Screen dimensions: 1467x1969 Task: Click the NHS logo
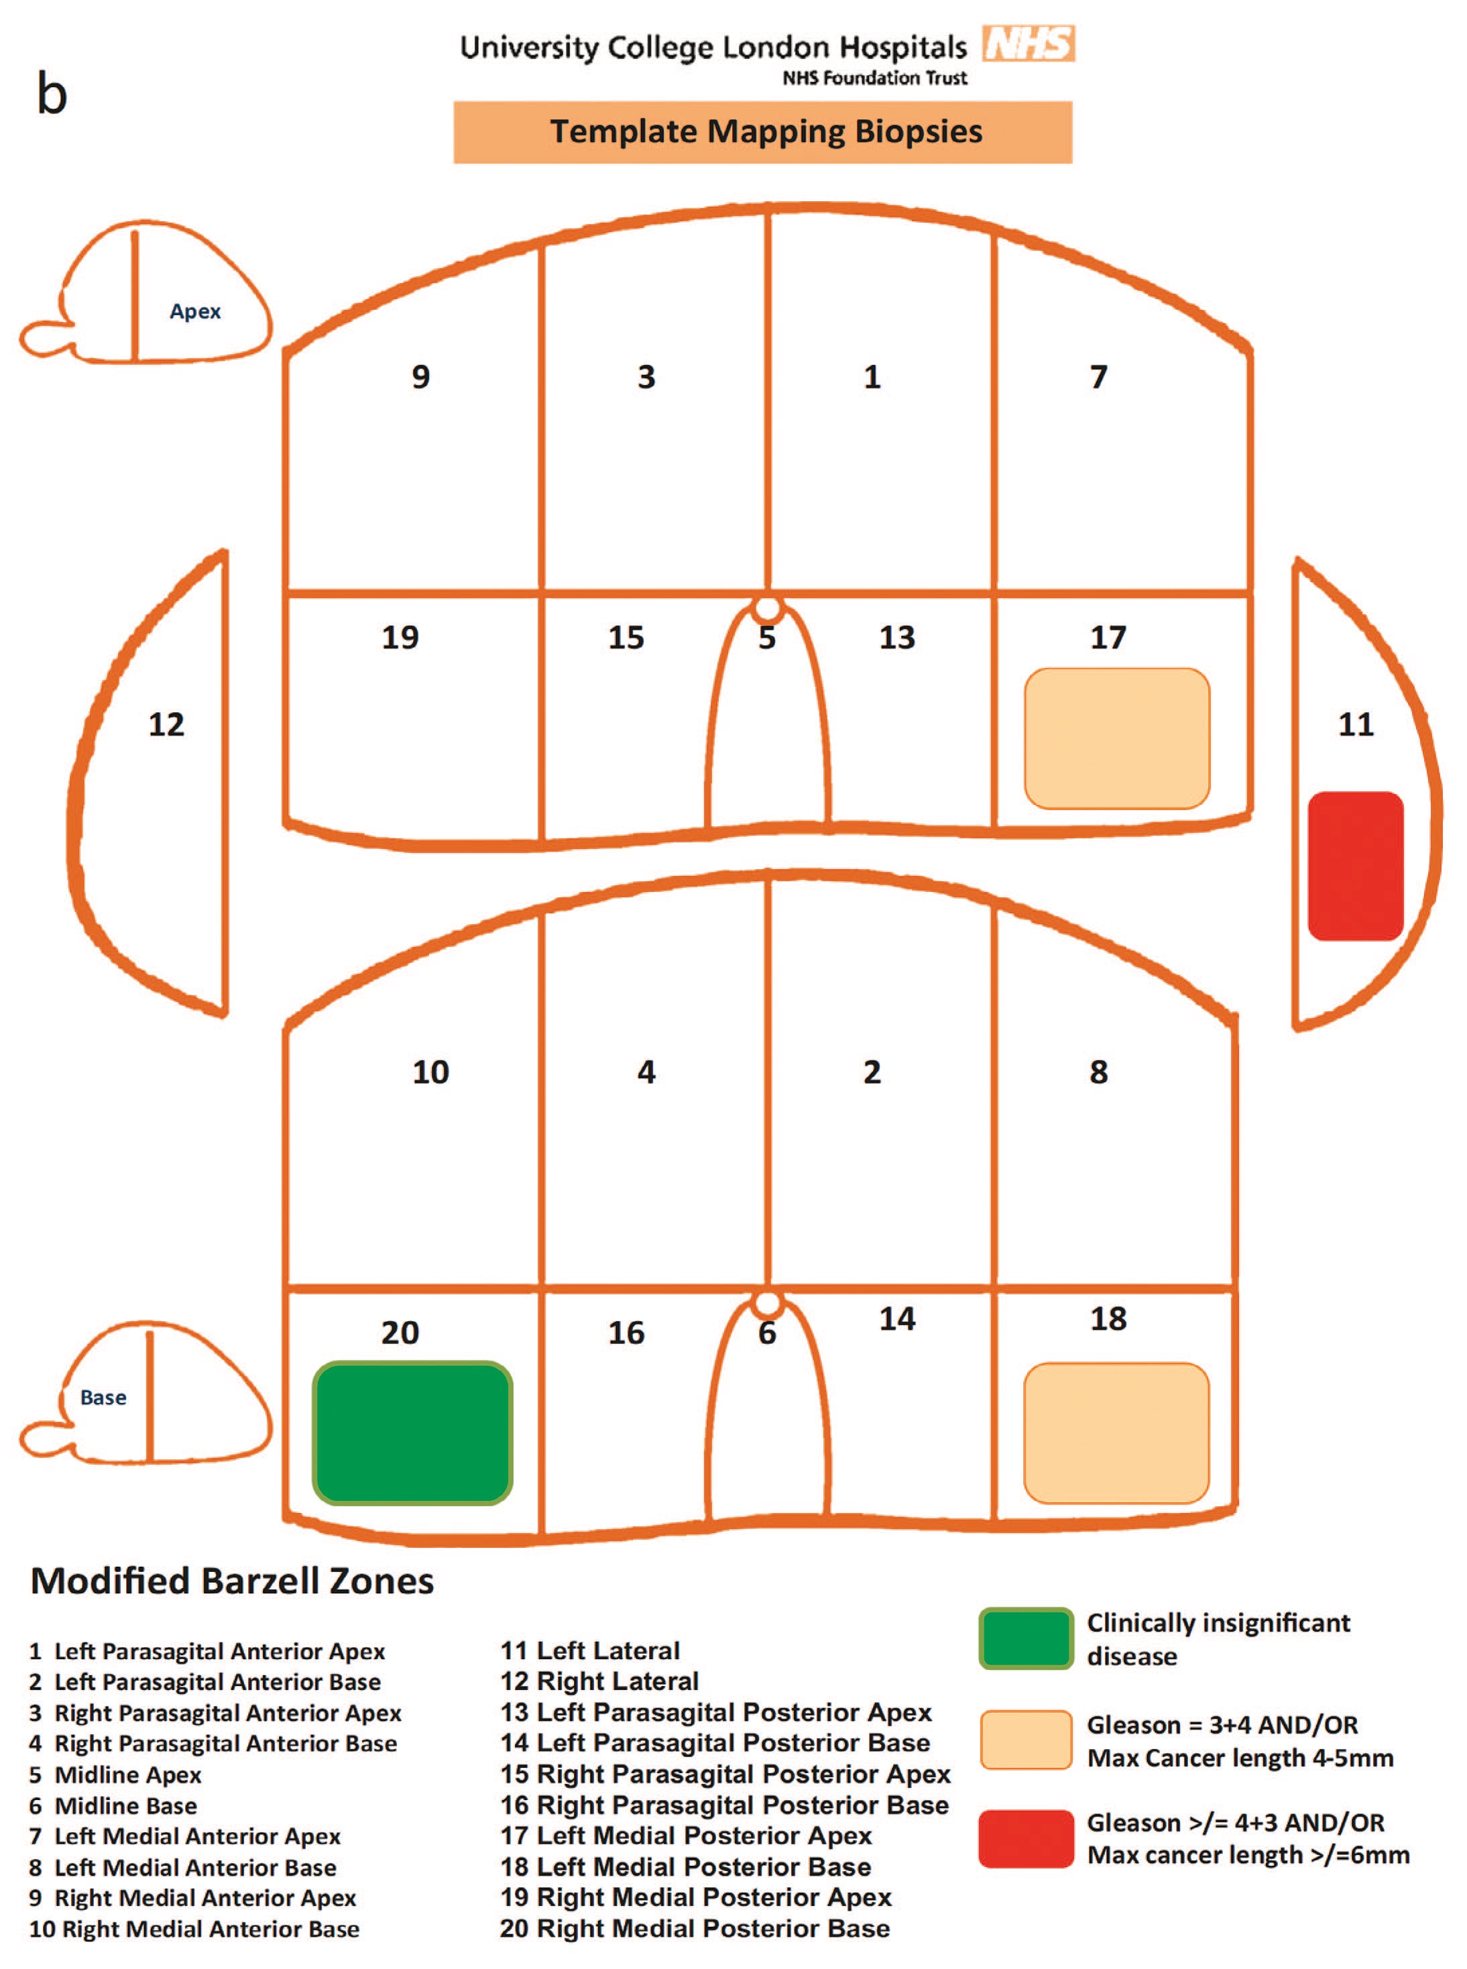click(x=1029, y=43)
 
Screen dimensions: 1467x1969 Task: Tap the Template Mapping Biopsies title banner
click(x=763, y=132)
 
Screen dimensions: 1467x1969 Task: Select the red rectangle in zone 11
click(x=1355, y=865)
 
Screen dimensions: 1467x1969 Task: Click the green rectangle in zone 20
click(x=412, y=1432)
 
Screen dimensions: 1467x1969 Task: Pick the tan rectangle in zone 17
click(x=1117, y=738)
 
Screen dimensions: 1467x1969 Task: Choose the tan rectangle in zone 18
click(x=1116, y=1432)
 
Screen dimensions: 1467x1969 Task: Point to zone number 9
click(x=421, y=377)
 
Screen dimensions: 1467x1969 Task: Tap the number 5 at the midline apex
click(x=767, y=638)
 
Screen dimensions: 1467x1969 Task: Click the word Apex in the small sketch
click(x=195, y=312)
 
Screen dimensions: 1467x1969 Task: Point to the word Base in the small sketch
click(x=103, y=1397)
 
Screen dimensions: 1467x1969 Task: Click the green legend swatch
click(x=1026, y=1638)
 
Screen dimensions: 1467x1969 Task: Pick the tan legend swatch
click(x=1026, y=1740)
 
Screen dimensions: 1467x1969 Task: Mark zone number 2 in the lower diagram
click(x=872, y=1072)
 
